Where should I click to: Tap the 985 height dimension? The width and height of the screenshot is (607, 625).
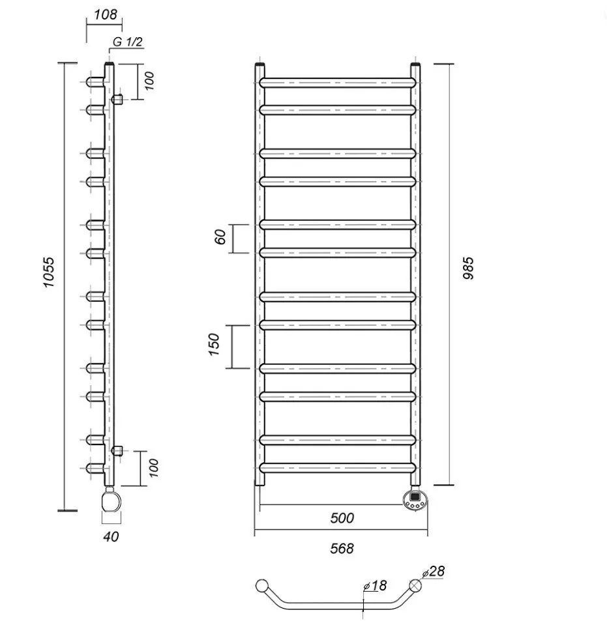click(x=469, y=268)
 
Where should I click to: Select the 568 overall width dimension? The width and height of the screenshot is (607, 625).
click(x=342, y=549)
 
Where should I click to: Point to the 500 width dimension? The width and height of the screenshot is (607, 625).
click(x=342, y=518)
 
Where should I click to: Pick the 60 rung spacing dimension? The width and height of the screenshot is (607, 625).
click(x=220, y=238)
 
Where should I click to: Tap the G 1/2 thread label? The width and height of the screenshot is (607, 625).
click(x=128, y=42)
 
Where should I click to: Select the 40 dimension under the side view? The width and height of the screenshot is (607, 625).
click(x=111, y=537)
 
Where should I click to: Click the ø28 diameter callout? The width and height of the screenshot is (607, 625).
click(x=434, y=572)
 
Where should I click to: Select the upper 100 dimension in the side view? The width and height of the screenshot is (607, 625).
click(x=149, y=81)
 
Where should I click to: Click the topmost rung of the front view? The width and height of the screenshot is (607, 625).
click(x=337, y=83)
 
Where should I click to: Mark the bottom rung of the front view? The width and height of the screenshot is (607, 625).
click(x=337, y=468)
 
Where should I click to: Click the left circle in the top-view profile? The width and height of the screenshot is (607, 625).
click(x=263, y=585)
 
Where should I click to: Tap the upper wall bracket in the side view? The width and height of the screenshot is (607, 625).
click(x=118, y=99)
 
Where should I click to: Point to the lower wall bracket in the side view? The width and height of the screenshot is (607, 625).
click(x=118, y=450)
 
